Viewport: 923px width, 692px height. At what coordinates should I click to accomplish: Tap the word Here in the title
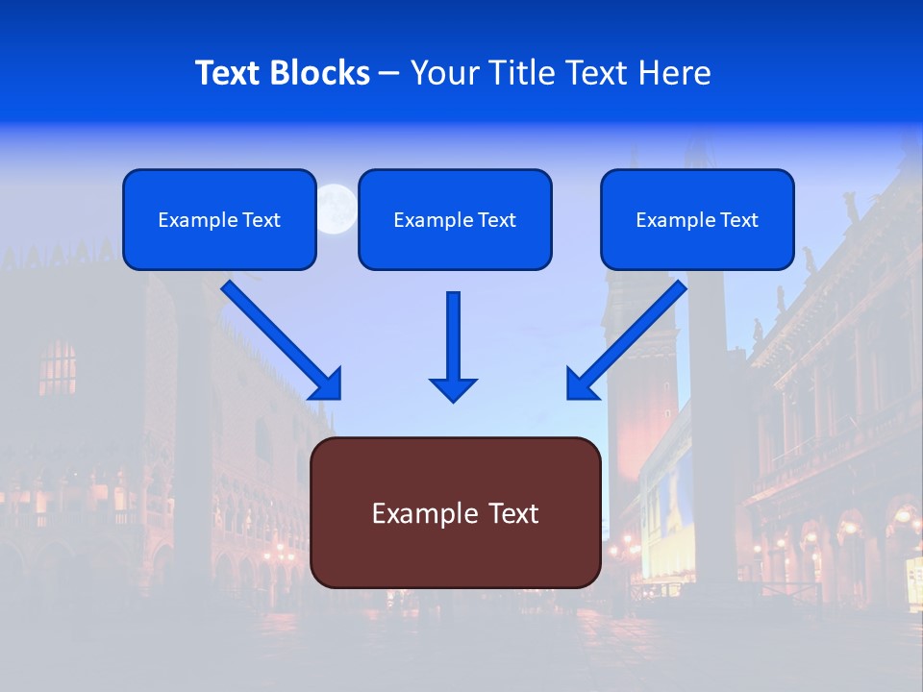[x=673, y=73]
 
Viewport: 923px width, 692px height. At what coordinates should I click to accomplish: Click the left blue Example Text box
[x=219, y=219]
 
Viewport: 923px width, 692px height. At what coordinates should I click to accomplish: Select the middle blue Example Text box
[x=455, y=219]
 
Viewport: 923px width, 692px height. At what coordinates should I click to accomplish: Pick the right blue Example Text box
[x=697, y=219]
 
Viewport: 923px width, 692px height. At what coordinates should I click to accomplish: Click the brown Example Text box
[x=455, y=512]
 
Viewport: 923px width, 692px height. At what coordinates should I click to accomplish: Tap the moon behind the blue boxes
[x=337, y=207]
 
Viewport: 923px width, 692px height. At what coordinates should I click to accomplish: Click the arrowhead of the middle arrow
[x=454, y=388]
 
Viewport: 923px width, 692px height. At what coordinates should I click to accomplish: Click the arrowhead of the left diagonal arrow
[x=327, y=384]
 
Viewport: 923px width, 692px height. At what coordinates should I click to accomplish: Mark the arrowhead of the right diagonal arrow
[x=581, y=384]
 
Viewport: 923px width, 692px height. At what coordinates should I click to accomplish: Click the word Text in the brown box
[x=509, y=512]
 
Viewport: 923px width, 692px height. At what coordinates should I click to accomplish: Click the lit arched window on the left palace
[x=59, y=367]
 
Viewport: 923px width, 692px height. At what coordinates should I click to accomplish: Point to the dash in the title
[x=389, y=73]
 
